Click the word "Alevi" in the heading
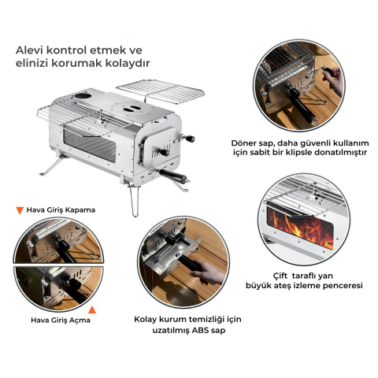(31, 49)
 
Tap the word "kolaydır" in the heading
(128, 62)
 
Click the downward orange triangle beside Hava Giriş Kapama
(20, 210)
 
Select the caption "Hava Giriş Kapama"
(61, 210)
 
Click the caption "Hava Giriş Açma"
(60, 320)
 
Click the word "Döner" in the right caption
(244, 143)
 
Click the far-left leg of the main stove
(43, 169)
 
